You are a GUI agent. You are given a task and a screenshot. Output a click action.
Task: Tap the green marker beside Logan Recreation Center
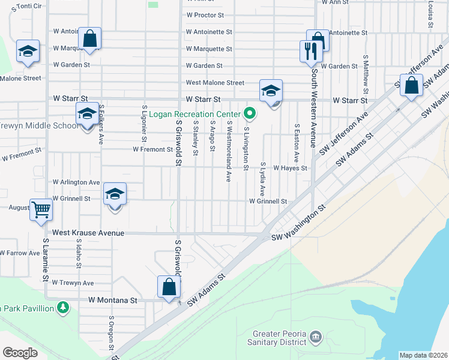click(249, 113)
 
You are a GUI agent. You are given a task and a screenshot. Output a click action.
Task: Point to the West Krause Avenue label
click(88, 233)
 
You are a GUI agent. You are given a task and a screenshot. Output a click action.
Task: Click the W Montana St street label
click(113, 299)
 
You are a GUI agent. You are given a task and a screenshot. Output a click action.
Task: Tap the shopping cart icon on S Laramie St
click(41, 210)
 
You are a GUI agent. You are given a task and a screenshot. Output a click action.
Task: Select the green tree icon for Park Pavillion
click(63, 308)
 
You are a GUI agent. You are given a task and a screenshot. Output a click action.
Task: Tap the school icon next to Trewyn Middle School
click(87, 113)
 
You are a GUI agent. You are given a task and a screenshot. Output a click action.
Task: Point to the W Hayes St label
click(290, 169)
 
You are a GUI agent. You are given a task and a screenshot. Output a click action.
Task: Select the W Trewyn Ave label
click(73, 283)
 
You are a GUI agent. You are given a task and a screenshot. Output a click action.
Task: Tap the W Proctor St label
click(205, 15)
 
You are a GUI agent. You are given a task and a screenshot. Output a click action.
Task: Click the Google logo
click(20, 352)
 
